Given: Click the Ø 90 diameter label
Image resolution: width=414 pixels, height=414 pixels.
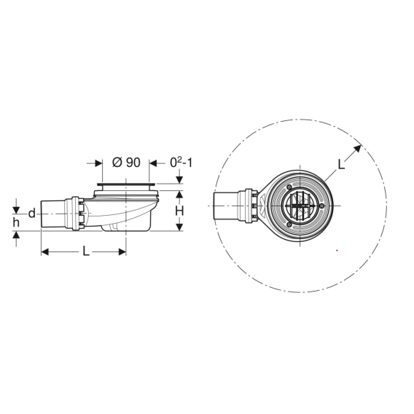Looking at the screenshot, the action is tap(126, 163).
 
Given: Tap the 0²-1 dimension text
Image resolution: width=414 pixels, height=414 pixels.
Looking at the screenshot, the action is tap(181, 163).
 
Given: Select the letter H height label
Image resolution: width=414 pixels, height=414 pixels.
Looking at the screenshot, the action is tap(179, 211).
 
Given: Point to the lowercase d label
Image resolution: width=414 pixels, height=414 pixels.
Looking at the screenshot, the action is tap(31, 213).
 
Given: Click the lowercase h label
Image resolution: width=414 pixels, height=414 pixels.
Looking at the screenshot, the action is tap(16, 223).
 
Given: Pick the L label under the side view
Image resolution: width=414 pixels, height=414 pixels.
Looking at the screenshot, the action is tap(86, 251).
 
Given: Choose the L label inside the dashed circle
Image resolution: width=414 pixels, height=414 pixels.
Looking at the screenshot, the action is tap(341, 165).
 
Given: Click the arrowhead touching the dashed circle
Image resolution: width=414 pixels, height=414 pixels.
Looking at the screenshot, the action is tap(357, 149).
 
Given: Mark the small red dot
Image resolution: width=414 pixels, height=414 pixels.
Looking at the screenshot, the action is tap(337, 250).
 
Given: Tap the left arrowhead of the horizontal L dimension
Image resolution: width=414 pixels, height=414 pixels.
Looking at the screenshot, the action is tap(45, 252).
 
